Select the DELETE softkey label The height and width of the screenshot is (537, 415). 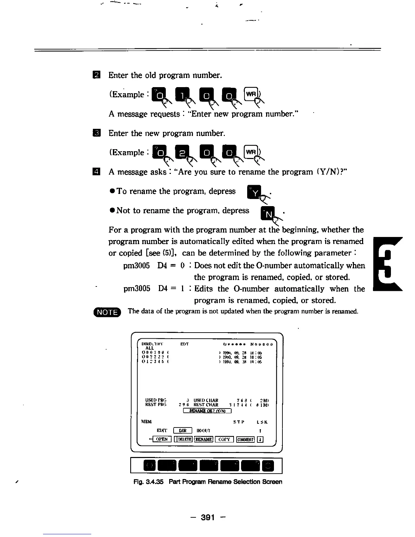point(183,439)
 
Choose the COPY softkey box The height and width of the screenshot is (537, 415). point(224,439)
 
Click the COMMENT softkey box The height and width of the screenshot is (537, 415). point(245,439)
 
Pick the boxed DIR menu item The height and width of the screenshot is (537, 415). point(183,431)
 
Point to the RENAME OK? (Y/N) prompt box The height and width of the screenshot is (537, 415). point(207,411)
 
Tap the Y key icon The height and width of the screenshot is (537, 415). point(254,193)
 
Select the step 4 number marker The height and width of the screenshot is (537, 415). point(96,172)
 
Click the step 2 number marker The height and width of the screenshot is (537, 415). point(96,75)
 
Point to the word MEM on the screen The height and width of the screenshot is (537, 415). point(146,422)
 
